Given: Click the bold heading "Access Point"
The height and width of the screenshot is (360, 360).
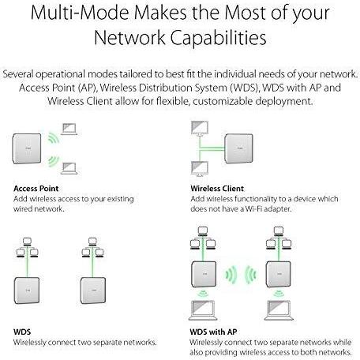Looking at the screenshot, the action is pyautogui.click(x=36, y=189).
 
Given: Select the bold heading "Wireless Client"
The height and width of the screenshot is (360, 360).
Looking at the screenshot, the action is pyautogui.click(x=217, y=189).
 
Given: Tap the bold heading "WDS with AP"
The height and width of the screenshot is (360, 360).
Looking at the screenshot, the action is pyautogui.click(x=213, y=332).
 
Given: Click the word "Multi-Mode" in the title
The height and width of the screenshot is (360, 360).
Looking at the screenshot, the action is pyautogui.click(x=80, y=13).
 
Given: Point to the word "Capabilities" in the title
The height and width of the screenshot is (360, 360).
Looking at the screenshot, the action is pyautogui.click(x=218, y=38).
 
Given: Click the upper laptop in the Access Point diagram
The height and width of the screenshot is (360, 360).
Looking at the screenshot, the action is pyautogui.click(x=69, y=129).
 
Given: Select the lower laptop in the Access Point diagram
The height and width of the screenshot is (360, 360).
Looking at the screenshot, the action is pyautogui.click(x=69, y=168).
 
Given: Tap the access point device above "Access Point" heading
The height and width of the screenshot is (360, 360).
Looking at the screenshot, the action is pyautogui.click(x=27, y=148).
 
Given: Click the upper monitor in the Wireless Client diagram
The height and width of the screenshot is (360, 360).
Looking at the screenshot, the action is pyautogui.click(x=200, y=129).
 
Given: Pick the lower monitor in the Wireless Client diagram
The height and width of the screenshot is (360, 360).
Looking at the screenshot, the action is pyautogui.click(x=200, y=169).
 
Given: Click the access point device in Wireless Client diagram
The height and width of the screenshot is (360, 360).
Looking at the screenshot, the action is pyautogui.click(x=238, y=148).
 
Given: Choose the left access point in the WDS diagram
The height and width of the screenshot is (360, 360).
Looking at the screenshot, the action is pyautogui.click(x=27, y=291).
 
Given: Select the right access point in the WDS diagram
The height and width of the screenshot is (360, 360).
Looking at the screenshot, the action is pyautogui.click(x=93, y=291).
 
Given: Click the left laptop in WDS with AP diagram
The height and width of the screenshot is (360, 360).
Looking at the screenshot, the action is pyautogui.click(x=203, y=310).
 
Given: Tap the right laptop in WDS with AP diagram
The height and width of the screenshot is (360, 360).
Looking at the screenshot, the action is pyautogui.click(x=279, y=310).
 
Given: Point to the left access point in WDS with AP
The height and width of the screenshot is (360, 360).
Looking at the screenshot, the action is pyautogui.click(x=204, y=274).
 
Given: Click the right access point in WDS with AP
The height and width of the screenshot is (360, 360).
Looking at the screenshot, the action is pyautogui.click(x=279, y=274).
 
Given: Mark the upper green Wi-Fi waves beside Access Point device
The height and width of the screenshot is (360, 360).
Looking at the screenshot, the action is pyautogui.click(x=54, y=137).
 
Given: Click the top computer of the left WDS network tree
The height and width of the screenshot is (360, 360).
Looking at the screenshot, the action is pyautogui.click(x=27, y=242).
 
